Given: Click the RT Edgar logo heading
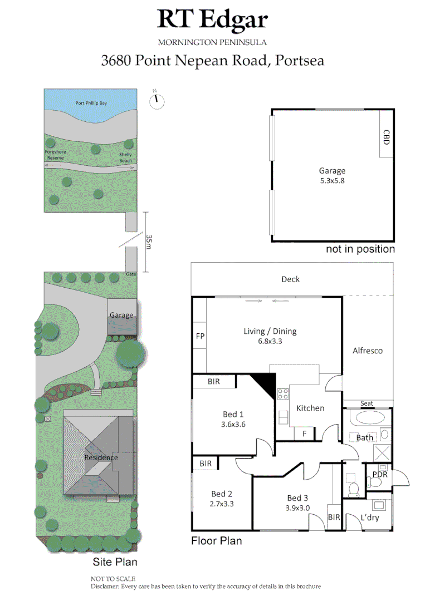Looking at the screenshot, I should pos(212,19).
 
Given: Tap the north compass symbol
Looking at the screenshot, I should pos(158,99).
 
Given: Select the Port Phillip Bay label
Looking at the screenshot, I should pos(91,103).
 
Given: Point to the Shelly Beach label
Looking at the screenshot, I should pos(126,157).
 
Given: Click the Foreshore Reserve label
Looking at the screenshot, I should pos(55,155).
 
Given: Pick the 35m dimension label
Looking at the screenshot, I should pos(149,242).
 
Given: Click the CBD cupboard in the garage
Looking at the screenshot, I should pos(386,137).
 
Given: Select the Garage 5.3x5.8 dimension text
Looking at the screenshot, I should pos(332,181).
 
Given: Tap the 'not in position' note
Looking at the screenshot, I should pos(360,249).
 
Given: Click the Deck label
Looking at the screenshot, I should pos(290,279).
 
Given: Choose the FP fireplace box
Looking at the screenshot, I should pos(200,337).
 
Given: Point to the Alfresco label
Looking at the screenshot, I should pos(368,351).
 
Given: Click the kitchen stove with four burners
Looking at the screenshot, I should pos(283,394).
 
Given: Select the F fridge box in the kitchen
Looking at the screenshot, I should pos(305,433).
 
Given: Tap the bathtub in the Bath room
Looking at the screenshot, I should pos(366,418).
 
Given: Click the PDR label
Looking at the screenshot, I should pos(380,474).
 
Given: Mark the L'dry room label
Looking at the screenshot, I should pos(370,518).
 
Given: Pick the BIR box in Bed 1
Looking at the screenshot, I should pos(214,382).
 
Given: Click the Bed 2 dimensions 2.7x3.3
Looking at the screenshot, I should pos(222,504).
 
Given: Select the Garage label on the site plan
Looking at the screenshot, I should pos(121,315).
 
